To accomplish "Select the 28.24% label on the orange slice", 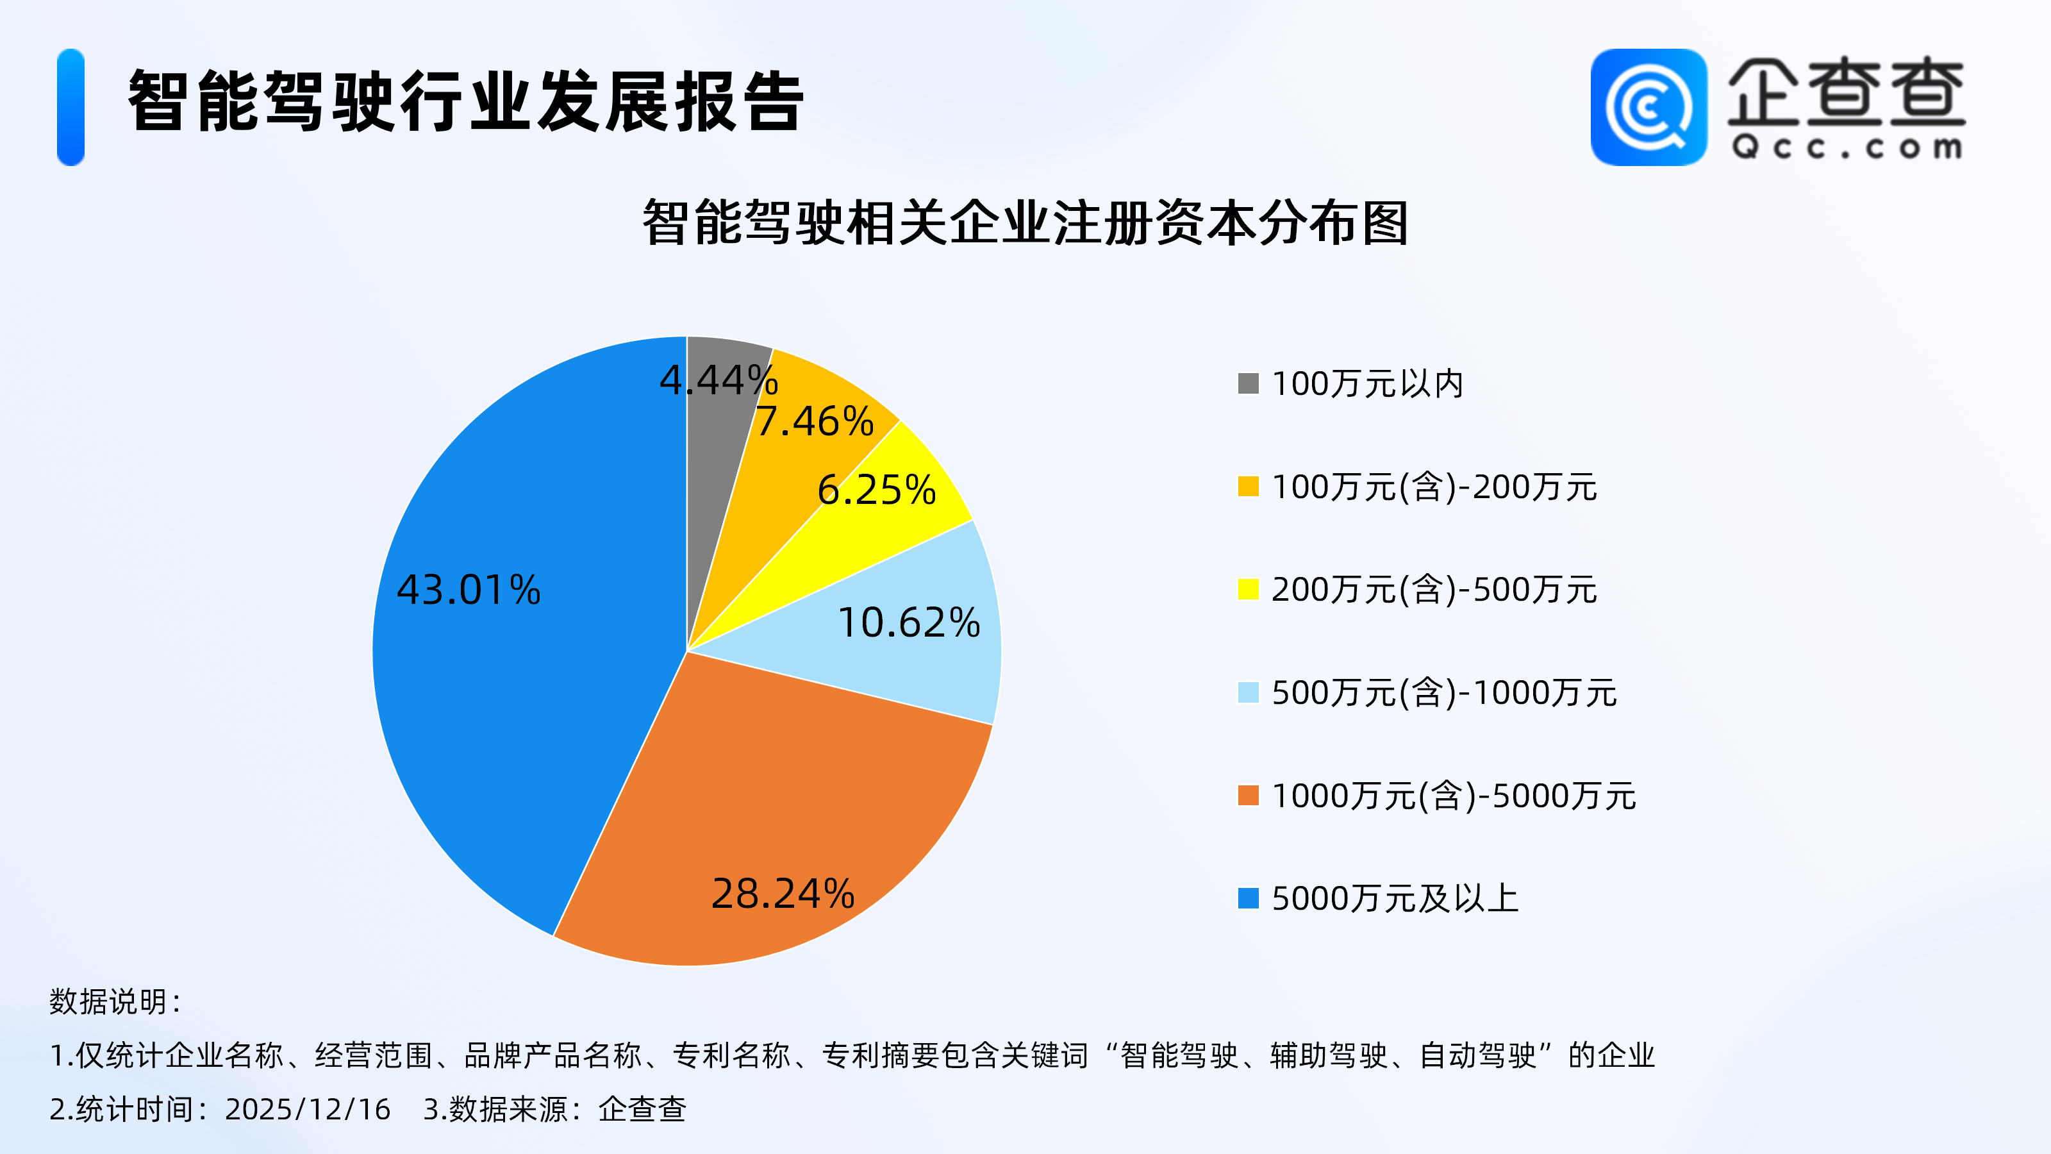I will (x=783, y=894).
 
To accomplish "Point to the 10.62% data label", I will (x=908, y=623).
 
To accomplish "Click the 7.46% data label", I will (x=815, y=421).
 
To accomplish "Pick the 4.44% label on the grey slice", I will (x=718, y=380).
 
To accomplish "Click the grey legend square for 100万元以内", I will (x=1248, y=384).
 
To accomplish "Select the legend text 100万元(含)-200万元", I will (x=1434, y=487).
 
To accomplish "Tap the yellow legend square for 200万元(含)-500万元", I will (x=1248, y=589).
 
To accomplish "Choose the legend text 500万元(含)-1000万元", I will (x=1444, y=693).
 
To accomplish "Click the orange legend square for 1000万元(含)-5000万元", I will (x=1248, y=796).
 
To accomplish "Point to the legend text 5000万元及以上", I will (x=1395, y=898).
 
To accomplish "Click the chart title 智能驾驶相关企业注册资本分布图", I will (x=1025, y=223).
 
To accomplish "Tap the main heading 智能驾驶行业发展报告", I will (x=466, y=101).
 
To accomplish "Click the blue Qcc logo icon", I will (x=1648, y=108).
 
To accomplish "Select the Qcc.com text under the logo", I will (x=1847, y=148).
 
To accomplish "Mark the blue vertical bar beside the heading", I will (x=71, y=108).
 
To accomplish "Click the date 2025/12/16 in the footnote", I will (x=308, y=1108).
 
